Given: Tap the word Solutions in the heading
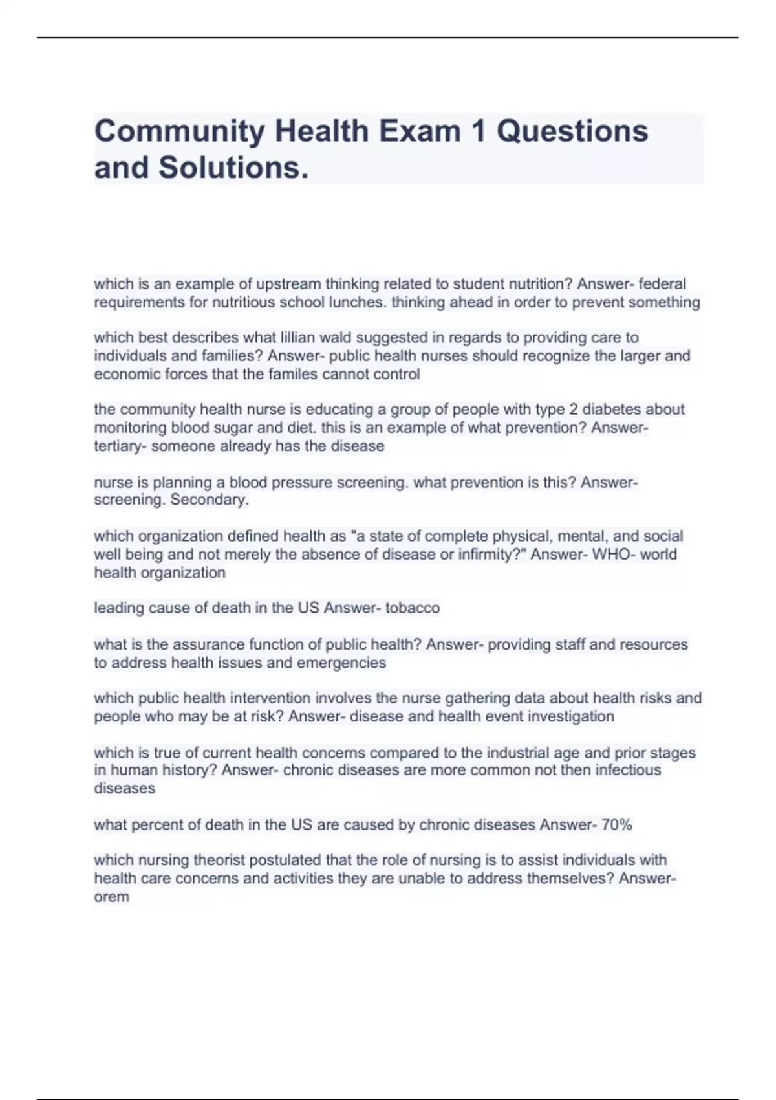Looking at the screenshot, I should pos(230,168).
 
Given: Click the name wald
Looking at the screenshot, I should pos(336,338).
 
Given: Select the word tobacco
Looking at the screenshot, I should pos(413,608).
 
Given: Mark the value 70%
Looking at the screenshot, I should pos(616,825).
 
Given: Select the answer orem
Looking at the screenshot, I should pos(111,897).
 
